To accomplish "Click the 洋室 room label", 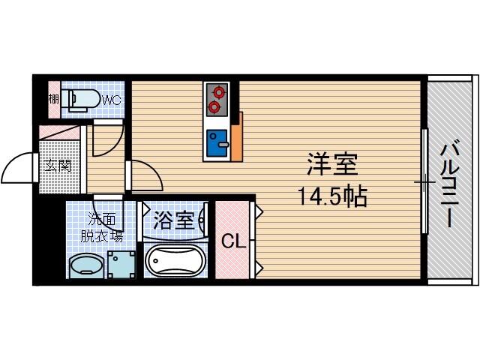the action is coord(332,164).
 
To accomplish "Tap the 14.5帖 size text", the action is coord(332,196).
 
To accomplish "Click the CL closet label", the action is coord(234,241).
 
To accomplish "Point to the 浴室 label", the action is coord(173,220).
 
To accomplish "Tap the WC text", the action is coord(112,100).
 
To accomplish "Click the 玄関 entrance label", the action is coord(58,166).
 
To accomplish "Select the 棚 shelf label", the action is coord(54,99).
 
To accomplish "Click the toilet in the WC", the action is coord(81,100).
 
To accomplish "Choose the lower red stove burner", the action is coord(214,107).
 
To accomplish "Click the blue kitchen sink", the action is coord(217,143).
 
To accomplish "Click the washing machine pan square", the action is coord(121,265).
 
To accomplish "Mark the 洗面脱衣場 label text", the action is coord(102,227).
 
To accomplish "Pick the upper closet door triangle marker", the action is coord(259,211).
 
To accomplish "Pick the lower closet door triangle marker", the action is coord(259,268).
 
